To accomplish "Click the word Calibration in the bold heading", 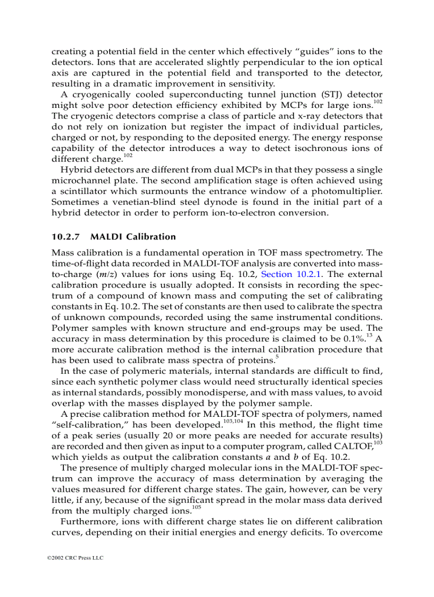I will coord(151,237).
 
